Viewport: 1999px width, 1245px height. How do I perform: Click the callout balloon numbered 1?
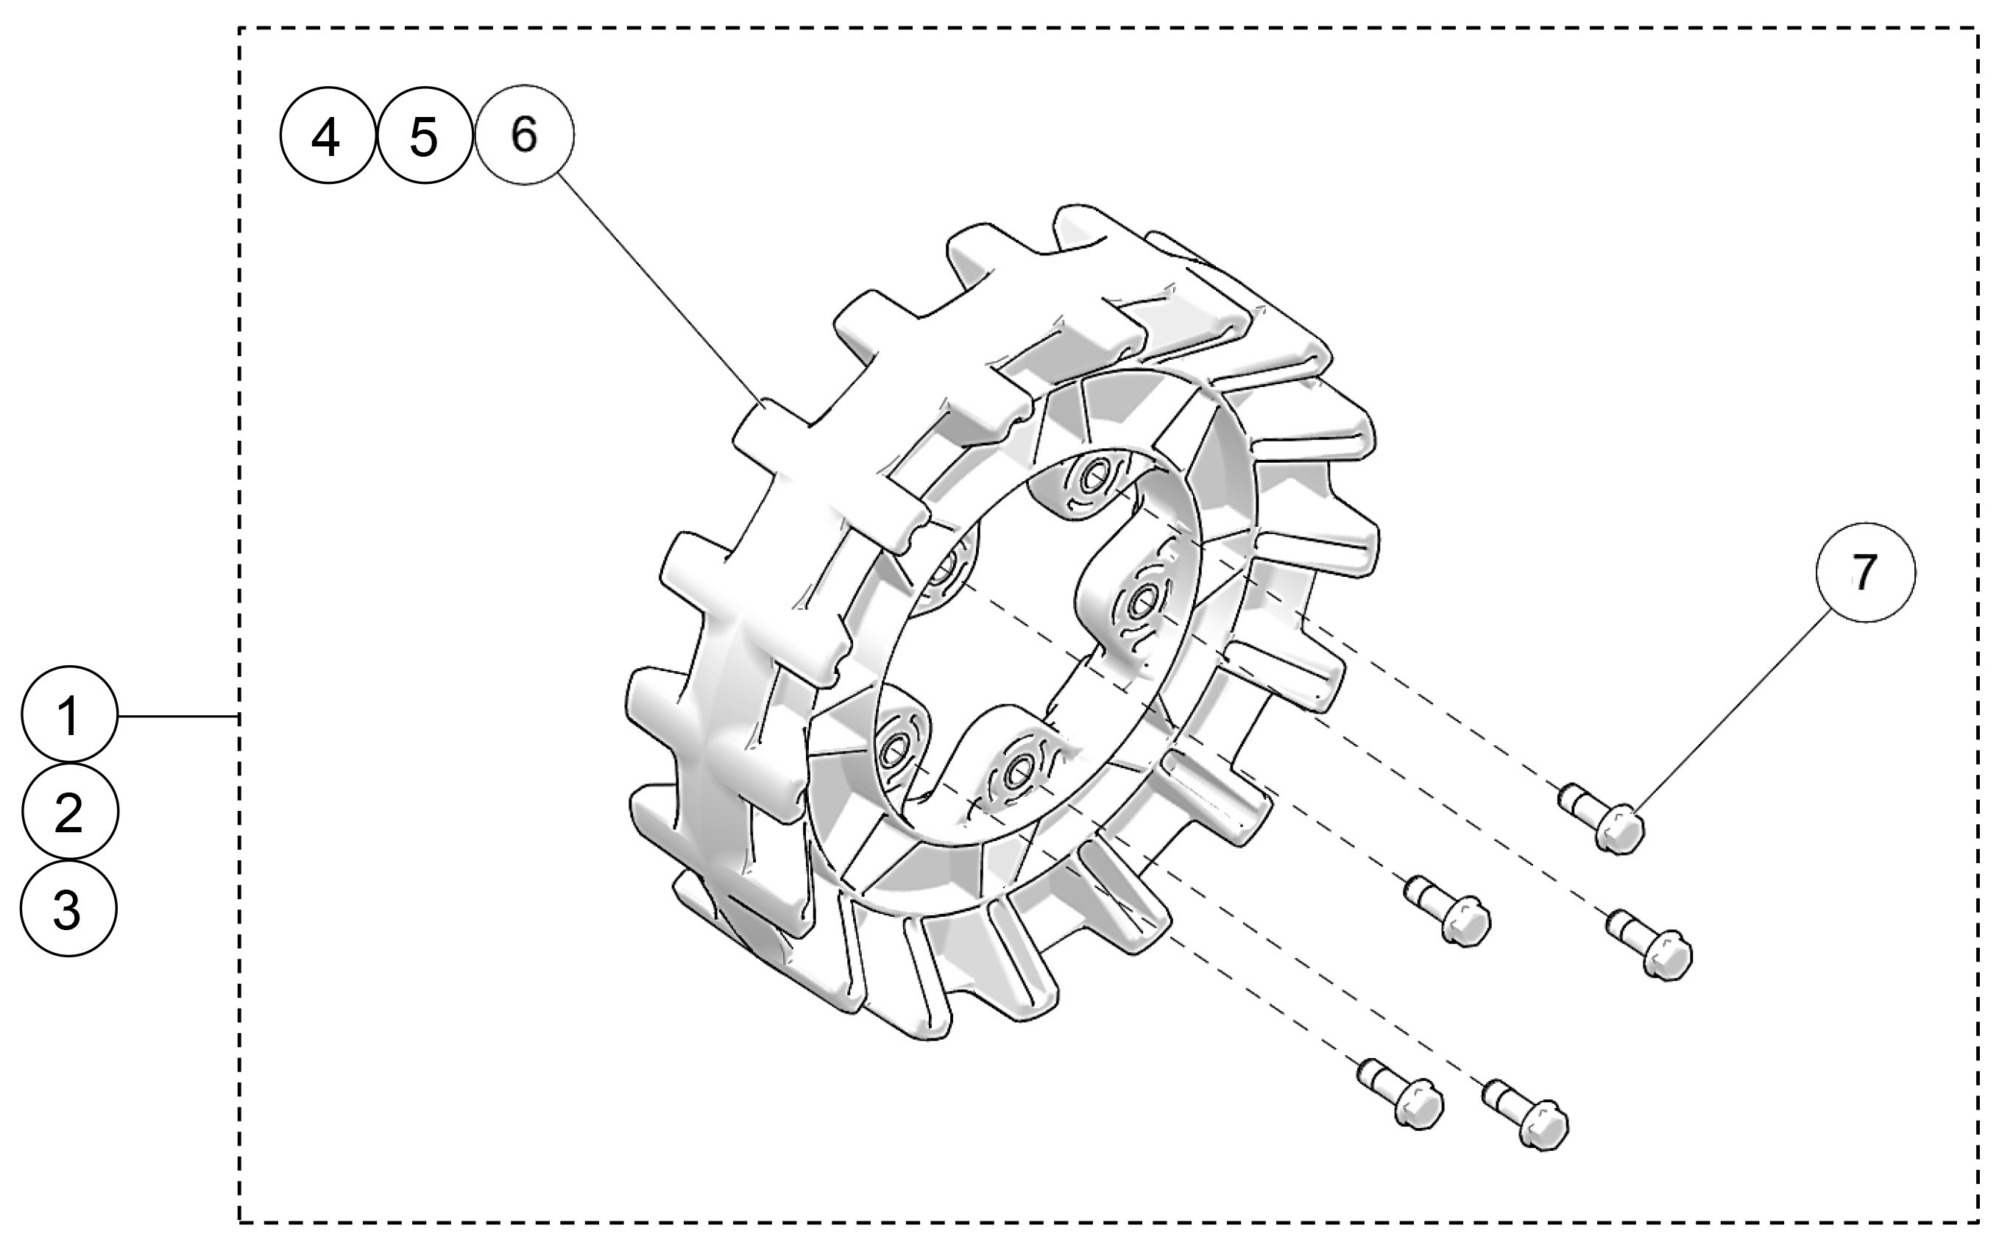70,714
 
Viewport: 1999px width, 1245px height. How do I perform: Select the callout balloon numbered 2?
70,812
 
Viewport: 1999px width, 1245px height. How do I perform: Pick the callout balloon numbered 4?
328,136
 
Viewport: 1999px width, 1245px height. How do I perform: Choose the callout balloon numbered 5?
424,136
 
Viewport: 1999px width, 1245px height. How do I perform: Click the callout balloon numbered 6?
525,134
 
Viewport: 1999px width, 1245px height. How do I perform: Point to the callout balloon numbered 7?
1865,572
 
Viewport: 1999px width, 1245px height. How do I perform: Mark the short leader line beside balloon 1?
178,717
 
